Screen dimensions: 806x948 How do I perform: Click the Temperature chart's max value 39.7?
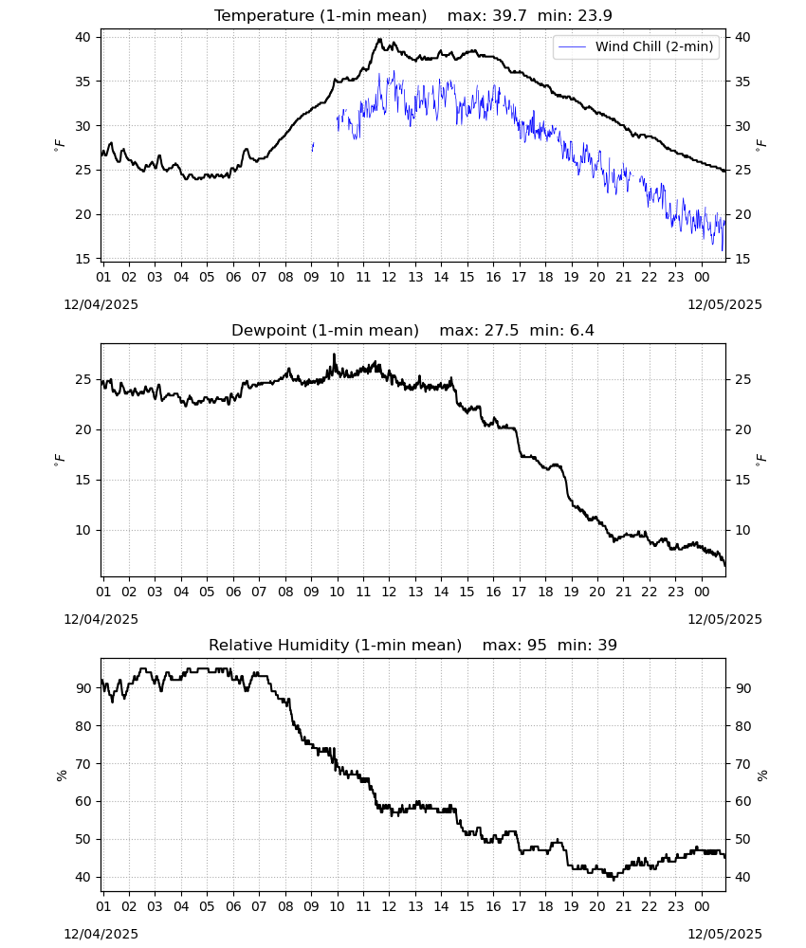point(510,16)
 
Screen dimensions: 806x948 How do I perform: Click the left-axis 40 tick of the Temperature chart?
point(82,38)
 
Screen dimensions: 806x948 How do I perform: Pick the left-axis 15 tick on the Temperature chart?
point(82,259)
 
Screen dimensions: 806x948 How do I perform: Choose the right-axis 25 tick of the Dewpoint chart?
point(743,380)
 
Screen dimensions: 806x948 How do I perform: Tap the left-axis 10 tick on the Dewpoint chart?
point(82,530)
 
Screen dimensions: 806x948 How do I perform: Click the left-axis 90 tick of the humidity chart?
point(82,688)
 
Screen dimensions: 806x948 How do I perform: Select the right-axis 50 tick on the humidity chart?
point(743,839)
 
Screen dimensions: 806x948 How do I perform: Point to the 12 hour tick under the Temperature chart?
point(389,277)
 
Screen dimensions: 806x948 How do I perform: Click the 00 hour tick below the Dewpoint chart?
point(702,592)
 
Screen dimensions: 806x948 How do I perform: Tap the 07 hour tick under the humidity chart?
point(259,906)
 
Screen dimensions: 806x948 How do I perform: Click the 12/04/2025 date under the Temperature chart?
point(101,304)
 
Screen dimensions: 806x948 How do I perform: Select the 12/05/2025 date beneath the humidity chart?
point(725,934)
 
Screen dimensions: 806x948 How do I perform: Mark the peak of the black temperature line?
point(379,39)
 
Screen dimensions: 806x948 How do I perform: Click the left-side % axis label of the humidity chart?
point(61,775)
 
